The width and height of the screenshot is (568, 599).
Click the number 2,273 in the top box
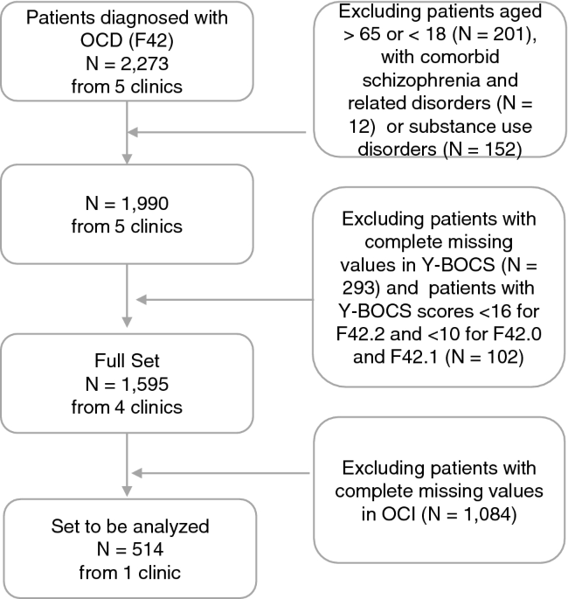pyautogui.click(x=145, y=64)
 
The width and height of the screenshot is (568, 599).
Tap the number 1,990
pyautogui.click(x=145, y=203)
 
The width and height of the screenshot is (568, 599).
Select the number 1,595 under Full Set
pyautogui.click(x=145, y=384)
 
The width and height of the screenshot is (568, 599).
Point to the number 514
pyautogui.click(x=148, y=549)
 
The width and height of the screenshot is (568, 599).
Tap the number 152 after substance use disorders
pyautogui.click(x=500, y=149)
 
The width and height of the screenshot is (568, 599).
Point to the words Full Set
pyautogui.click(x=127, y=360)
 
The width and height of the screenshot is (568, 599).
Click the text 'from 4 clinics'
pyautogui.click(x=127, y=407)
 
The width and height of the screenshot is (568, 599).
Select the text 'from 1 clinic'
pyautogui.click(x=130, y=573)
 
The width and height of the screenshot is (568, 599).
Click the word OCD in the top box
pyautogui.click(x=101, y=40)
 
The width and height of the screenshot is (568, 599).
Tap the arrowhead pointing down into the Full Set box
pyautogui.click(x=127, y=322)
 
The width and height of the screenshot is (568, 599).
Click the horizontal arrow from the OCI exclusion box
pyautogui.click(x=220, y=473)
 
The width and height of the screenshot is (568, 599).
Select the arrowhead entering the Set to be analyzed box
pyautogui.click(x=127, y=491)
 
